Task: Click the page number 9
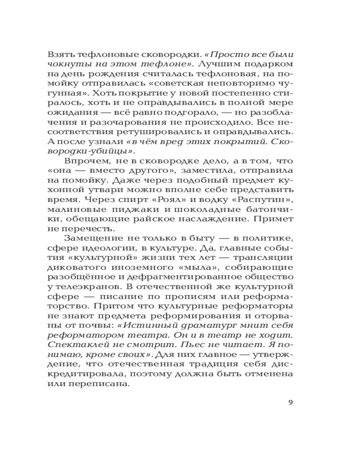291,402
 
